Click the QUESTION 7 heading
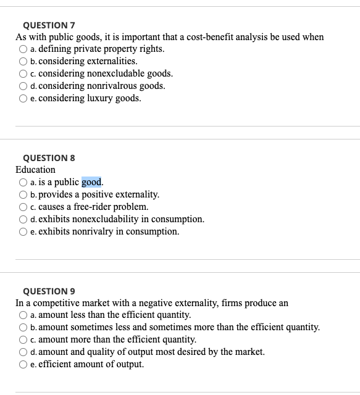[x=48, y=25]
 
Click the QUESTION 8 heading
[x=48, y=158]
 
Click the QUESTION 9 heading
[x=48, y=291]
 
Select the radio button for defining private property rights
[x=23, y=49]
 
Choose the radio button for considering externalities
[x=23, y=62]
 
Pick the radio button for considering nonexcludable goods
[x=23, y=74]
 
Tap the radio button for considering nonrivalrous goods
[x=23, y=86]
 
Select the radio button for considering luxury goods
[x=23, y=99]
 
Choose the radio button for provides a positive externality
[x=23, y=194]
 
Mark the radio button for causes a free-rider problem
[x=23, y=207]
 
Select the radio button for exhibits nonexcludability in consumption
[x=23, y=219]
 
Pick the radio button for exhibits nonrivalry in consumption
[x=23, y=231]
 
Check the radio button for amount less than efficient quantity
[x=23, y=315]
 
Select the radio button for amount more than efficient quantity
[x=23, y=340]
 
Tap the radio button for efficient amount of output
[x=23, y=365]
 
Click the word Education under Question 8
[x=35, y=170]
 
